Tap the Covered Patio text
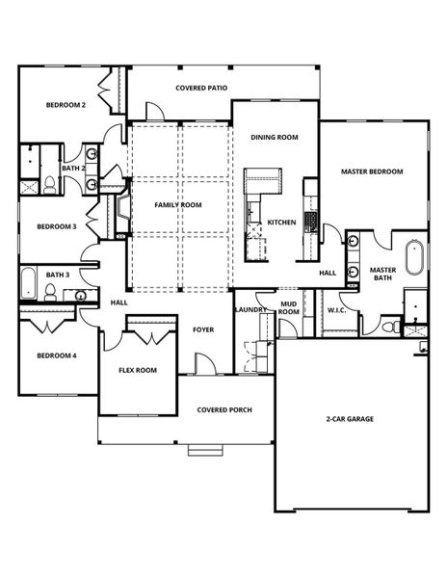[x=201, y=88]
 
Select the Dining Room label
[x=275, y=138]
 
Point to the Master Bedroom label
[x=372, y=171]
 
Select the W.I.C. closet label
[x=336, y=310]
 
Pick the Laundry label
[x=250, y=309]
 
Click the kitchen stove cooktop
[x=310, y=222]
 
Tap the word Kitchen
[x=281, y=223]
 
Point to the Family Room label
[x=178, y=205]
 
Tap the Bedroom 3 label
[x=56, y=227]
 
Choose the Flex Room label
[x=137, y=370]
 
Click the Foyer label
[x=203, y=329]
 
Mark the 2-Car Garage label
[x=349, y=419]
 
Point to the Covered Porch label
[x=224, y=410]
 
